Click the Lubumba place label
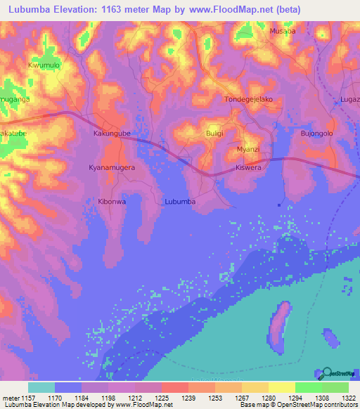pos(179,202)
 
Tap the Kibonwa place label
pos(112,202)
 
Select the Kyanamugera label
pos(112,169)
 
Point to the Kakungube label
pos(112,132)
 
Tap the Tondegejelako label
pos(248,99)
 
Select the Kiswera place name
pos(248,169)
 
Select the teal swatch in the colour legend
pos(41,387)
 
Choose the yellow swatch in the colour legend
pos(281,387)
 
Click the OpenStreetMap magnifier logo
pos(326,375)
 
